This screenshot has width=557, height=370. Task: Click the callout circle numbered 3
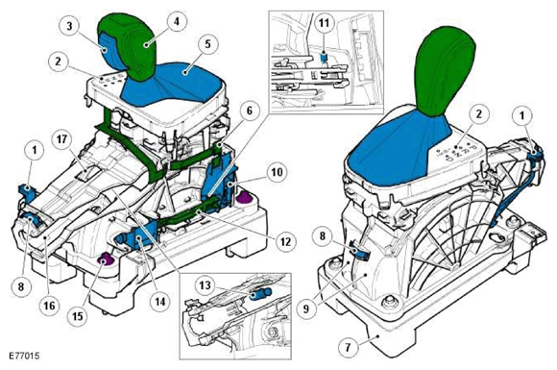[69, 27]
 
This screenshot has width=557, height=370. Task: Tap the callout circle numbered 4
[177, 22]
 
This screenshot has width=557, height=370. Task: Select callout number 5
[207, 44]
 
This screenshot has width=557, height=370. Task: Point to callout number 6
[249, 111]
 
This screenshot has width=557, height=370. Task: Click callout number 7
[348, 346]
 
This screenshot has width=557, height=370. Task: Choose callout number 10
[278, 172]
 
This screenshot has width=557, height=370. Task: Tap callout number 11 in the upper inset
[324, 23]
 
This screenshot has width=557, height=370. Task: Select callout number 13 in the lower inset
[205, 285]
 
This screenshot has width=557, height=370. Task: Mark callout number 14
[160, 302]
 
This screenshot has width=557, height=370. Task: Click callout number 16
[49, 305]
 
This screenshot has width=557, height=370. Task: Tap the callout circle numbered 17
[61, 139]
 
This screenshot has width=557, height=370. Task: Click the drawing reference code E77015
[25, 356]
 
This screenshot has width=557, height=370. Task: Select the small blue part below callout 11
[324, 57]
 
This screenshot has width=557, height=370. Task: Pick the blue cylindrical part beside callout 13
[261, 294]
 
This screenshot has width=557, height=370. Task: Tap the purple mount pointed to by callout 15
[106, 261]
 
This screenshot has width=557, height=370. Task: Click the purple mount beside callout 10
[244, 197]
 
